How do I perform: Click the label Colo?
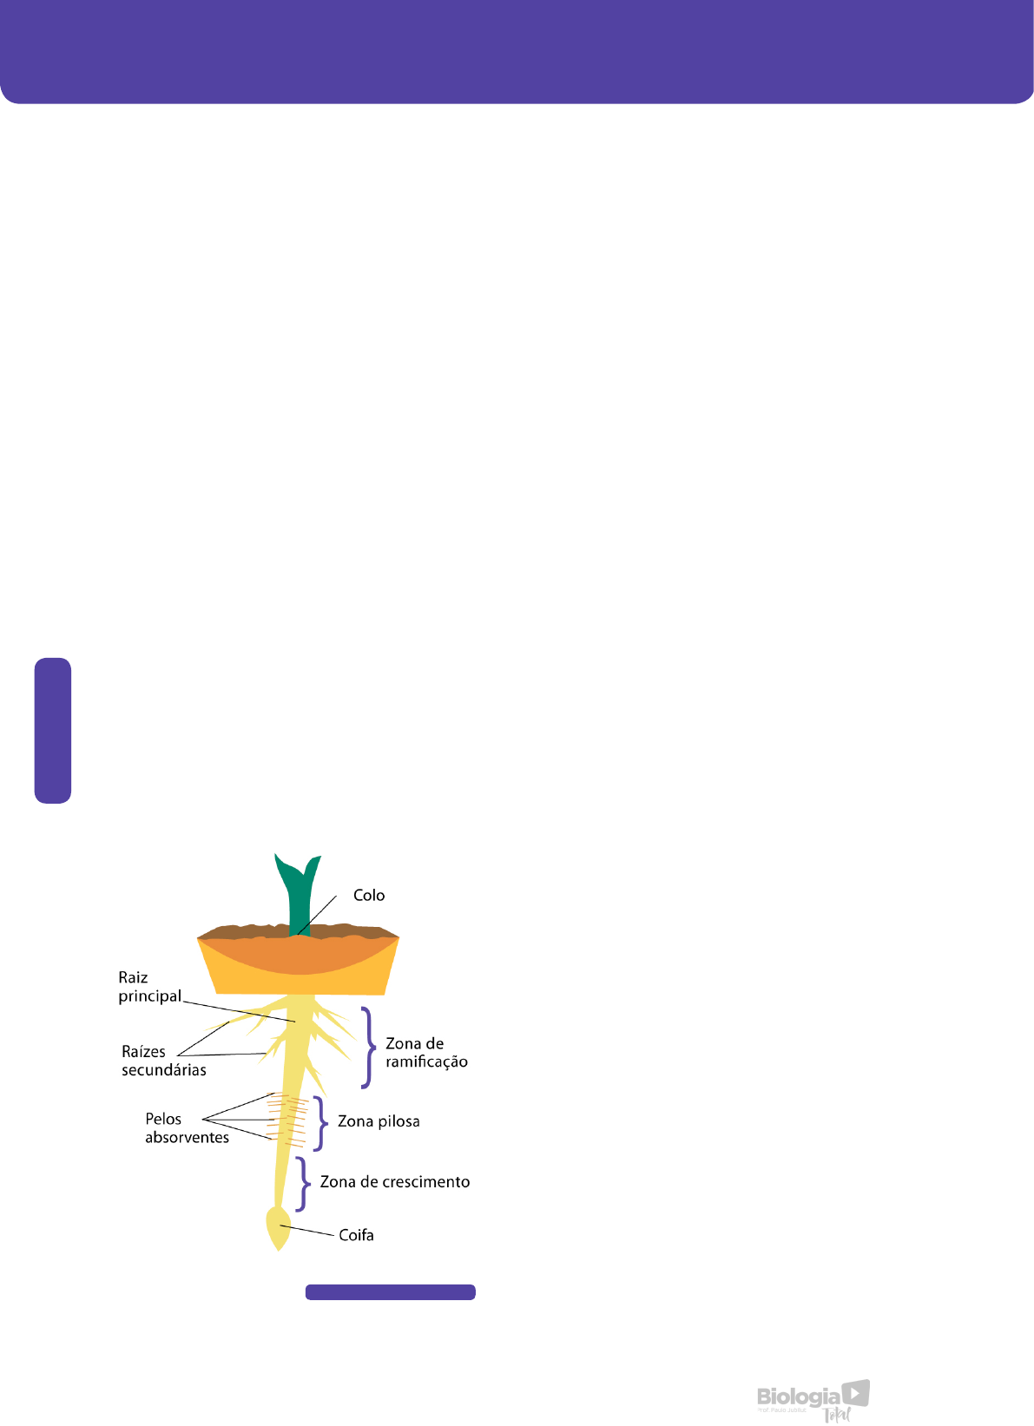(368, 895)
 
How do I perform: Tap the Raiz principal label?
(149, 987)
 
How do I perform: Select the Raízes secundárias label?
(163, 1061)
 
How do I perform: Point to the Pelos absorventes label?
(187, 1128)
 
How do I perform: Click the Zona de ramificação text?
(426, 1052)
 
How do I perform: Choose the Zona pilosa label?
(379, 1121)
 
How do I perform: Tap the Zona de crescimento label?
(395, 1182)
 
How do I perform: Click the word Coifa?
(356, 1235)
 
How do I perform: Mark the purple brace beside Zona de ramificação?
(367, 1048)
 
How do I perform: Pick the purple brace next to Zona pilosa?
(319, 1124)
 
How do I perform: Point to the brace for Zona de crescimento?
(302, 1184)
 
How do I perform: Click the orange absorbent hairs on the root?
(286, 1120)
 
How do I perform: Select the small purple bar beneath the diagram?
(390, 1292)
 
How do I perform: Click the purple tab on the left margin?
(53, 730)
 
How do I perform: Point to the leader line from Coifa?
(308, 1231)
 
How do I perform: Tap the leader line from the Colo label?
(319, 917)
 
